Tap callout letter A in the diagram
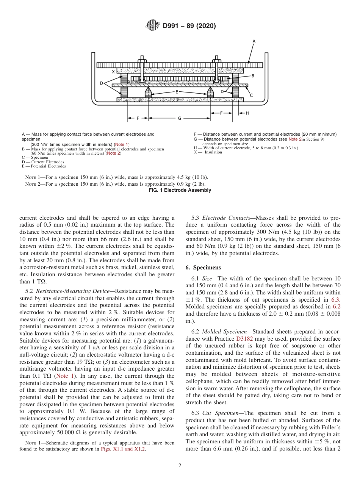click(254, 41)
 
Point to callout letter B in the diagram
click(252, 76)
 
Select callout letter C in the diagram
click(251, 95)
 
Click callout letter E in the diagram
click(177, 92)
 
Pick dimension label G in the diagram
click(179, 118)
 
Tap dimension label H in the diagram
click(247, 113)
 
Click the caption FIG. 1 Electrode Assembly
click(180, 190)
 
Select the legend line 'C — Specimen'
click(35, 157)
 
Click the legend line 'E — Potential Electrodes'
click(44, 166)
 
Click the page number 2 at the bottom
click(180, 465)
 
